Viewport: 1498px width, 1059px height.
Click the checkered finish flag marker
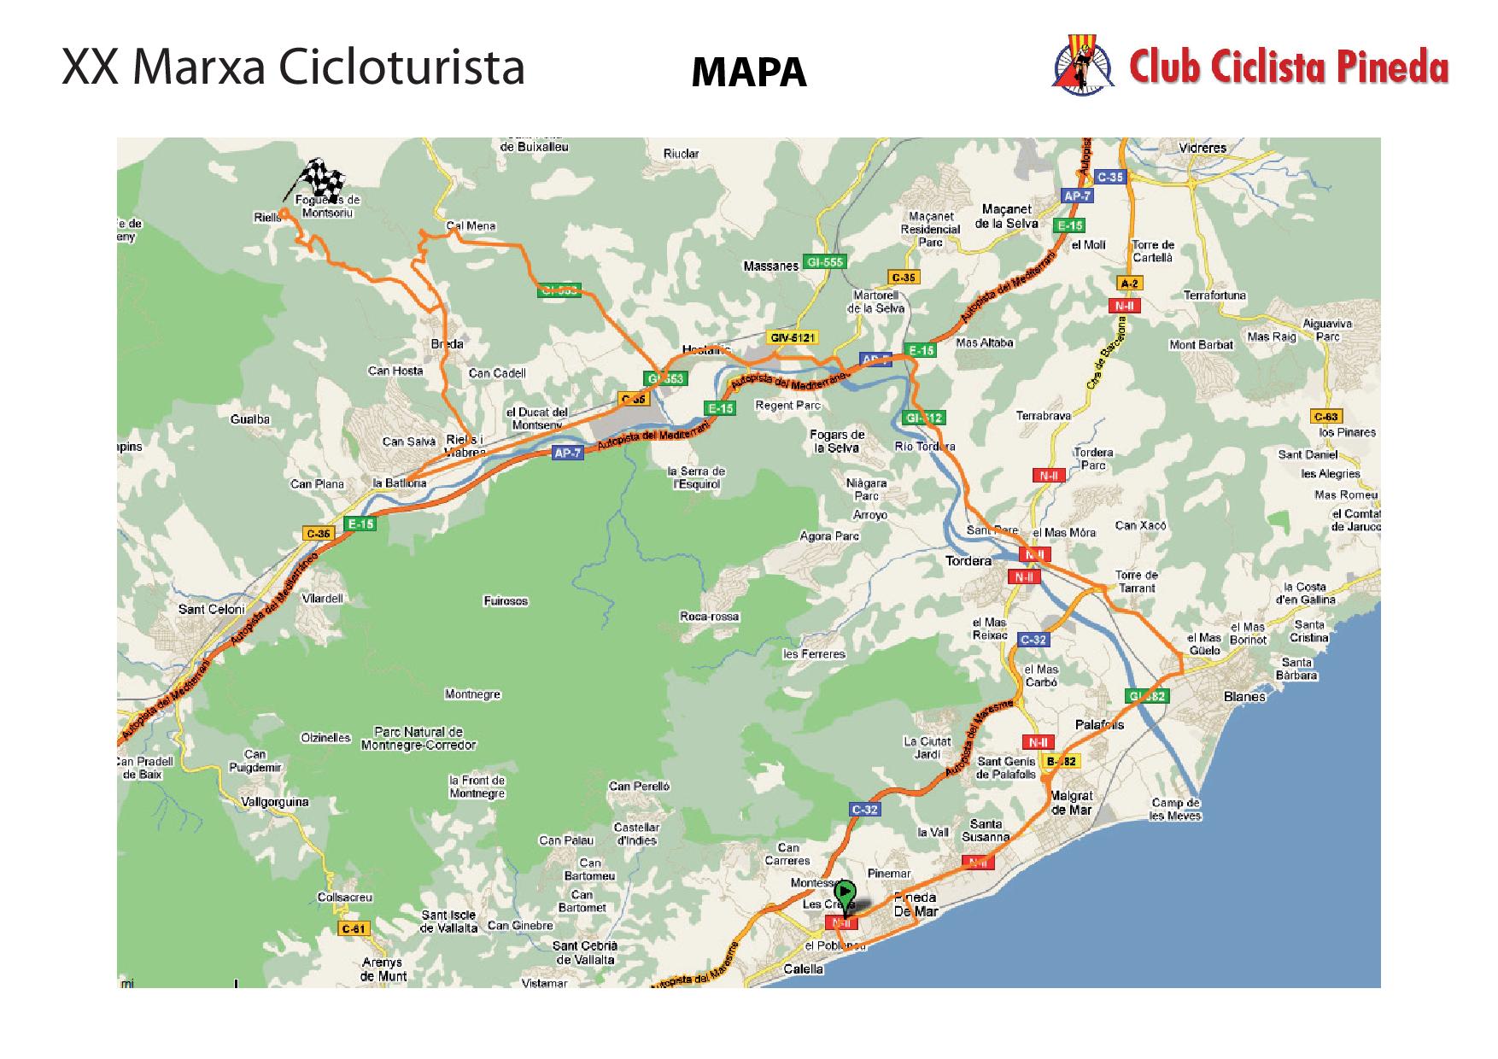point(322,178)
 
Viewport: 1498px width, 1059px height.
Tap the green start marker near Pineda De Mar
point(844,895)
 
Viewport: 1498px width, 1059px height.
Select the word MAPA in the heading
point(748,73)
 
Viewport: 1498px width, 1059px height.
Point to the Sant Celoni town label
point(211,609)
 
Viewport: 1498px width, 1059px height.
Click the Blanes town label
point(1244,697)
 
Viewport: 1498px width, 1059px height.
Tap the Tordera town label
point(968,561)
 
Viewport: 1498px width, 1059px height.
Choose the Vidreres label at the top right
point(1202,148)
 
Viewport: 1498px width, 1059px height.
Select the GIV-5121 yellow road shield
point(791,337)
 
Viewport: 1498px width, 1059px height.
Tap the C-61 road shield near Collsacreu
point(352,929)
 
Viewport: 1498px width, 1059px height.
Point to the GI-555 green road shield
point(824,262)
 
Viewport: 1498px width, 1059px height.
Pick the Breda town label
point(448,344)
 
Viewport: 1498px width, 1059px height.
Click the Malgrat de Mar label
point(1071,803)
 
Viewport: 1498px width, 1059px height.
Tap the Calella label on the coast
point(804,968)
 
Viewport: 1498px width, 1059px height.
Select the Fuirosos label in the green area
point(505,601)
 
